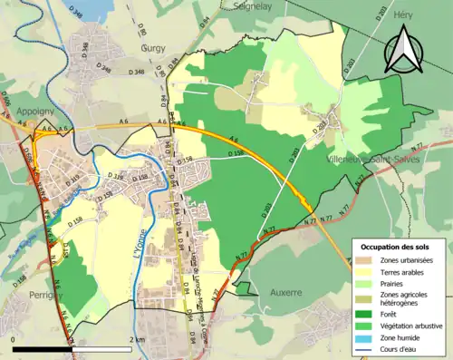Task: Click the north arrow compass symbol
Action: (x=403, y=50)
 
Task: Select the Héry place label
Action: (x=404, y=15)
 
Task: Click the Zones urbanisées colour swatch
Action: (x=365, y=259)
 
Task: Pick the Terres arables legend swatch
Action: (x=365, y=272)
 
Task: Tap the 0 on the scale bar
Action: (x=13, y=338)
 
